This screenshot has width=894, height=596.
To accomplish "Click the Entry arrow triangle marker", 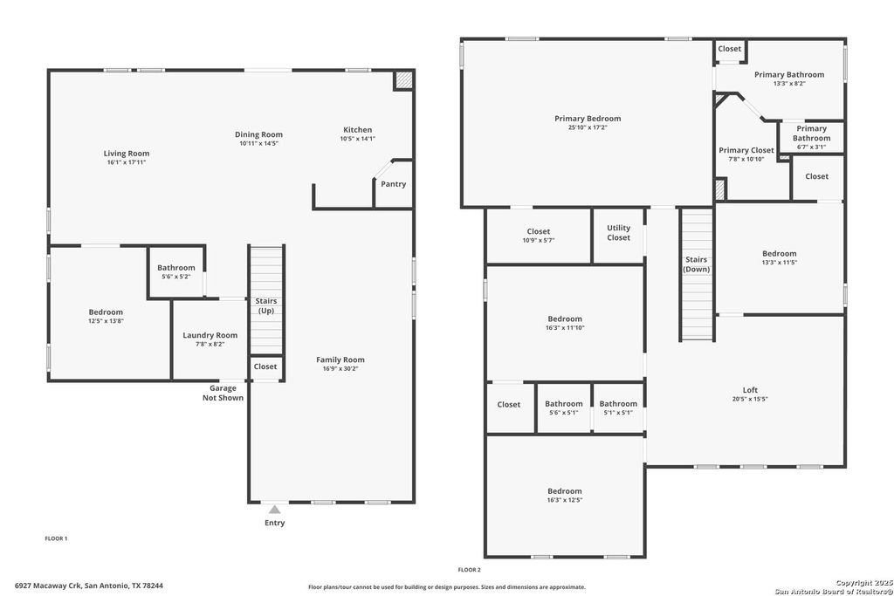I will [x=275, y=509].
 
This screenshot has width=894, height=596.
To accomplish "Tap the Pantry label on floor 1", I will [x=393, y=184].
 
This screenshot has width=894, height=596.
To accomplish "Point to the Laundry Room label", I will [x=210, y=335].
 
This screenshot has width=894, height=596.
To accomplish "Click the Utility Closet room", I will [x=618, y=233].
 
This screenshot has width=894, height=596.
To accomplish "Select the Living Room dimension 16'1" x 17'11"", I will [x=127, y=163].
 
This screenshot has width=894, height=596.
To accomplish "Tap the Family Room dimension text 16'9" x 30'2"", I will [x=340, y=369].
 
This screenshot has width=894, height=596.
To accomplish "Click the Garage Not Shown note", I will [x=223, y=393].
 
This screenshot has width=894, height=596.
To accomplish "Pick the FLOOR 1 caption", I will [x=56, y=538].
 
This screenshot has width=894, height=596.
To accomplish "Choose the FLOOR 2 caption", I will [x=470, y=569].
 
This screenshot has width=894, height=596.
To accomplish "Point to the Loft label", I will [x=750, y=390].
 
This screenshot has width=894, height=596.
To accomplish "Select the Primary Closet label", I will [x=746, y=150].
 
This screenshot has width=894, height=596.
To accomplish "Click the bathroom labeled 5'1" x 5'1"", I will [x=618, y=408].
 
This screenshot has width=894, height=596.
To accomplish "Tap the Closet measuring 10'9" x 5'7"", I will [x=539, y=236].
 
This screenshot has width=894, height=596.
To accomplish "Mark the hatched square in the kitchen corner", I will [x=402, y=80].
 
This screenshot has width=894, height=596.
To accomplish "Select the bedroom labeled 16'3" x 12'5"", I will [x=565, y=496].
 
